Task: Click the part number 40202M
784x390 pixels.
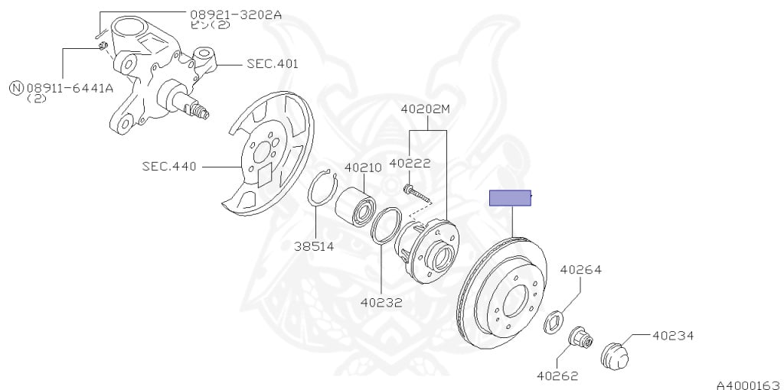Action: coord(425,109)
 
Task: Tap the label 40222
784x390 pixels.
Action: coord(410,163)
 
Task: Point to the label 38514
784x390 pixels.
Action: coord(314,245)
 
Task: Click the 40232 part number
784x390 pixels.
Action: coord(381,302)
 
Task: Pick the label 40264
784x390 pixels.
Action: coord(580,269)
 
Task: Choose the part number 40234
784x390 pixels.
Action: coord(673,334)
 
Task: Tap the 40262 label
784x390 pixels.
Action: coord(557,375)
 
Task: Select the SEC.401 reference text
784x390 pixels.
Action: coord(272,64)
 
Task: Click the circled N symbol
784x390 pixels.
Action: coord(16,87)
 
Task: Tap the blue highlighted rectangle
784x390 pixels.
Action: coord(511,198)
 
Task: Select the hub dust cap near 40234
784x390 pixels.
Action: coord(612,355)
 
